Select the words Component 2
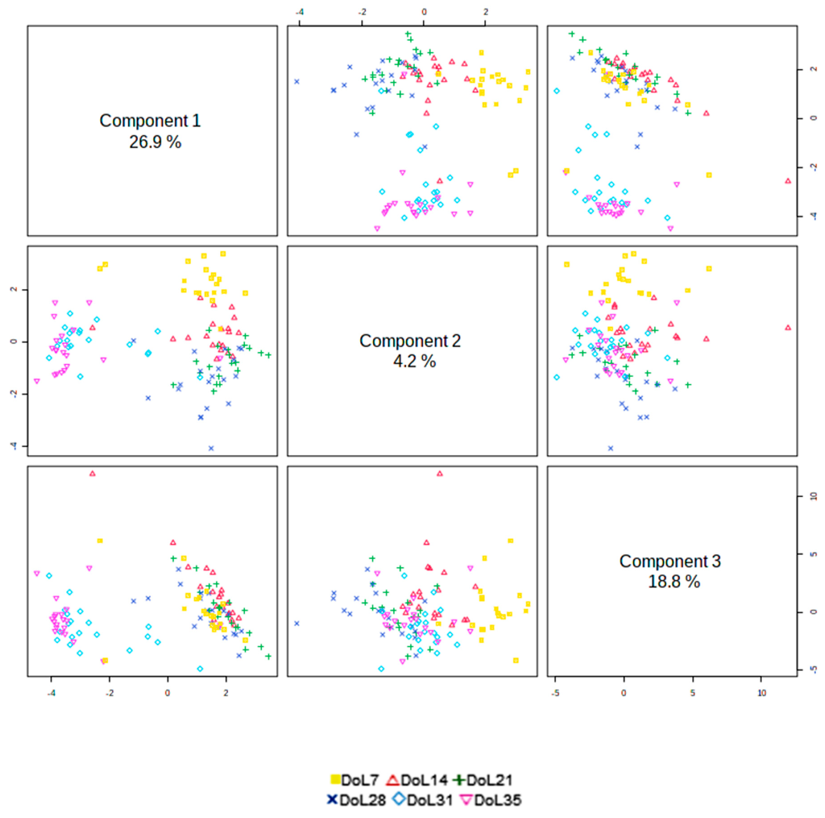pos(410,341)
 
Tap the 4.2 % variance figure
pos(414,362)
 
